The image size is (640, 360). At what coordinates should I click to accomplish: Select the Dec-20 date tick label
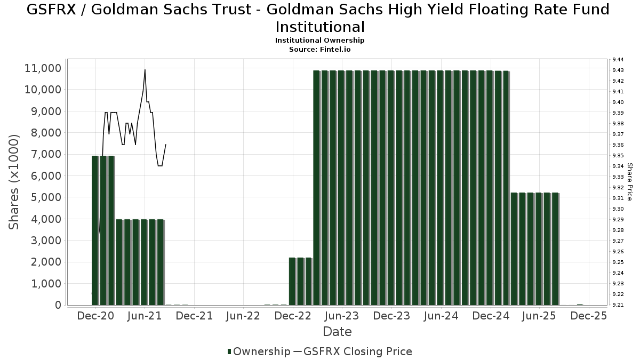[96, 316]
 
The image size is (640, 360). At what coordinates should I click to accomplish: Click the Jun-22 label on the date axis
[243, 316]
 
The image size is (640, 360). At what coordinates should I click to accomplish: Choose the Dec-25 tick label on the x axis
[588, 316]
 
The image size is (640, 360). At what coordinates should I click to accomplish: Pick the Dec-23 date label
[391, 316]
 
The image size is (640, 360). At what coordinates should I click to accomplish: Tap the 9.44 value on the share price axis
[619, 59]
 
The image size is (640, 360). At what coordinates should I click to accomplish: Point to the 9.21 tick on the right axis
[619, 305]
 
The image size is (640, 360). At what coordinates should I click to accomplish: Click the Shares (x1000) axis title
[14, 182]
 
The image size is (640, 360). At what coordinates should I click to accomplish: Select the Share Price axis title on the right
[630, 182]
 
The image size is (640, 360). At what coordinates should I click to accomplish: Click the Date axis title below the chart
[337, 332]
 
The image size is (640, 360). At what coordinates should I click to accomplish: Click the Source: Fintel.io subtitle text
[320, 49]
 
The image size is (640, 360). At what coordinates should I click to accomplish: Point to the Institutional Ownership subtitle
[320, 41]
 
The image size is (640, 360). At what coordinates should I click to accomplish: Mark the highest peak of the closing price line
[145, 70]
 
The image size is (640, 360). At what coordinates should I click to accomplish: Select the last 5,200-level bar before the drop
[555, 249]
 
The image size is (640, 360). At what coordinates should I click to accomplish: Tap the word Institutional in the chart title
[320, 27]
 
